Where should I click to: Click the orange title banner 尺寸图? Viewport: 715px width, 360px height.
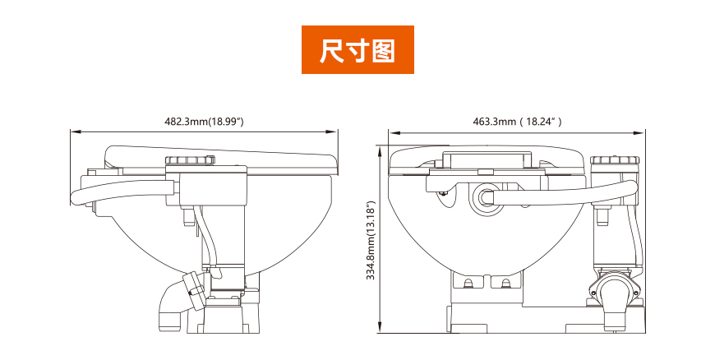(x=357, y=50)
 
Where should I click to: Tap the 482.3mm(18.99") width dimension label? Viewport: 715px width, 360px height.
(x=204, y=122)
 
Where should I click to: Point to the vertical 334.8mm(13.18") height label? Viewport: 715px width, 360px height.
(x=371, y=241)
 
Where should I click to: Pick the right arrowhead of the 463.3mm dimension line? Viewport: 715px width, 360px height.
(x=643, y=132)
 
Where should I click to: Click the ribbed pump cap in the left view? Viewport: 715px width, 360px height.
(x=190, y=160)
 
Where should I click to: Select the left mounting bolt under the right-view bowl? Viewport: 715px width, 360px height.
(x=468, y=284)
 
